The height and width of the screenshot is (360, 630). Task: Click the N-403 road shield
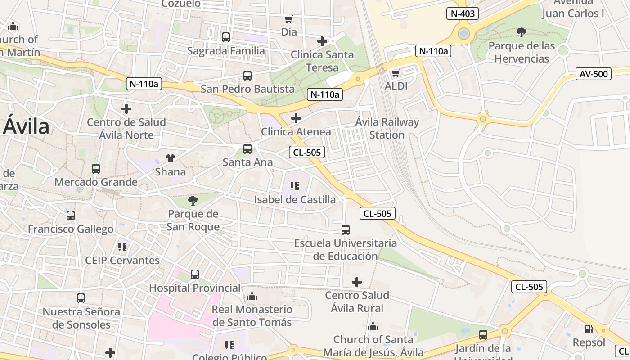[x=462, y=13]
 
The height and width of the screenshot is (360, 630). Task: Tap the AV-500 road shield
[x=594, y=74]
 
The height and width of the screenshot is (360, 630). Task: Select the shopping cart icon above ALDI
[x=396, y=73]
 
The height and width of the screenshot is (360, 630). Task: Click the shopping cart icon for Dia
[x=289, y=19]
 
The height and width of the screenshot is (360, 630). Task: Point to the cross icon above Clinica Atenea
[x=296, y=118]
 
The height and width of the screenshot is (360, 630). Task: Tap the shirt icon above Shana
[x=170, y=158]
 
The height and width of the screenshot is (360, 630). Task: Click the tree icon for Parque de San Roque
[x=193, y=200]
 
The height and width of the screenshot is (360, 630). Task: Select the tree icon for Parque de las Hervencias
[x=522, y=32]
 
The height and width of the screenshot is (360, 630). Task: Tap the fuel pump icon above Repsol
[x=589, y=329]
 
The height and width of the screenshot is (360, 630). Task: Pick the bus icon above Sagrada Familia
[x=226, y=37]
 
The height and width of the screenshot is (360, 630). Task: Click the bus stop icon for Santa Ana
[x=247, y=149]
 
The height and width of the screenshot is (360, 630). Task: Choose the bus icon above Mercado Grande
[x=96, y=169]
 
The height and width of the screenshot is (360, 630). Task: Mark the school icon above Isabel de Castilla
[x=295, y=186]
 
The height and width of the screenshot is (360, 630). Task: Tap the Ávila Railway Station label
[x=387, y=128]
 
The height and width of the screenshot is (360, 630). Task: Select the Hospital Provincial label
[x=195, y=288]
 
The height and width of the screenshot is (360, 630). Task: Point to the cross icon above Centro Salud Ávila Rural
[x=357, y=282]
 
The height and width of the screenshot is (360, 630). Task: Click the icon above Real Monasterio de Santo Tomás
[x=252, y=296]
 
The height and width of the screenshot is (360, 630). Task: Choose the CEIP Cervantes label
[x=122, y=261]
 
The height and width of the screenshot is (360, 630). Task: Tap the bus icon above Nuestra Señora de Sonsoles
[x=81, y=298]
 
